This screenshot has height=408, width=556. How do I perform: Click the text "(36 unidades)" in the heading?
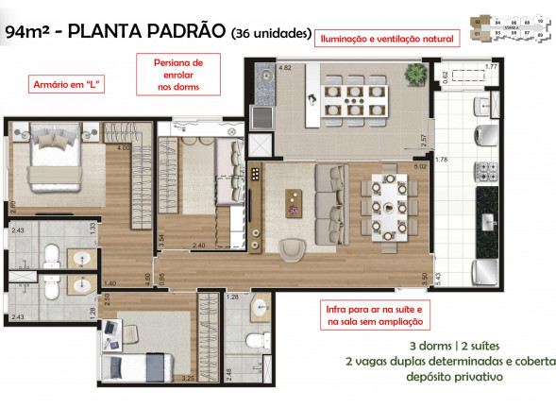click(271, 34)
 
